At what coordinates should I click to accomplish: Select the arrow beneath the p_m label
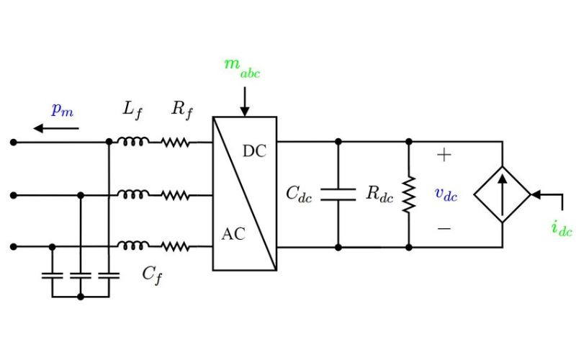click(57, 129)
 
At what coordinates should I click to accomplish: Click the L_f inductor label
click(132, 110)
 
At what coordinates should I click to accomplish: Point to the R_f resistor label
click(181, 110)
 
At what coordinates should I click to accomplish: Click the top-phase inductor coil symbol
click(133, 142)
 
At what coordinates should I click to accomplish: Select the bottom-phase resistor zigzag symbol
click(175, 246)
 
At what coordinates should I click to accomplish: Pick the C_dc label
click(300, 194)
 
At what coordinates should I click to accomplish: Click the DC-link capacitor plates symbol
click(338, 194)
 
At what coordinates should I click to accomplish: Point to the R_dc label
click(379, 194)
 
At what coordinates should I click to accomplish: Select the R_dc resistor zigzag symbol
click(408, 194)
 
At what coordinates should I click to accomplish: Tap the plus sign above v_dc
click(444, 155)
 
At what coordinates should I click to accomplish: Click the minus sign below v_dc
click(444, 228)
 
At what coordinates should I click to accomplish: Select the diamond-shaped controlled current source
click(502, 194)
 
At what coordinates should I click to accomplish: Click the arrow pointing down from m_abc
click(245, 101)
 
